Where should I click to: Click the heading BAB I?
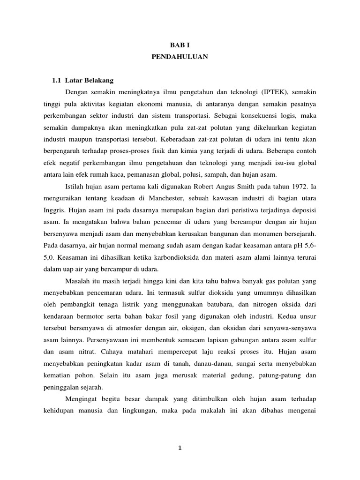180,45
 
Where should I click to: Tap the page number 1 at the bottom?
180,448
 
